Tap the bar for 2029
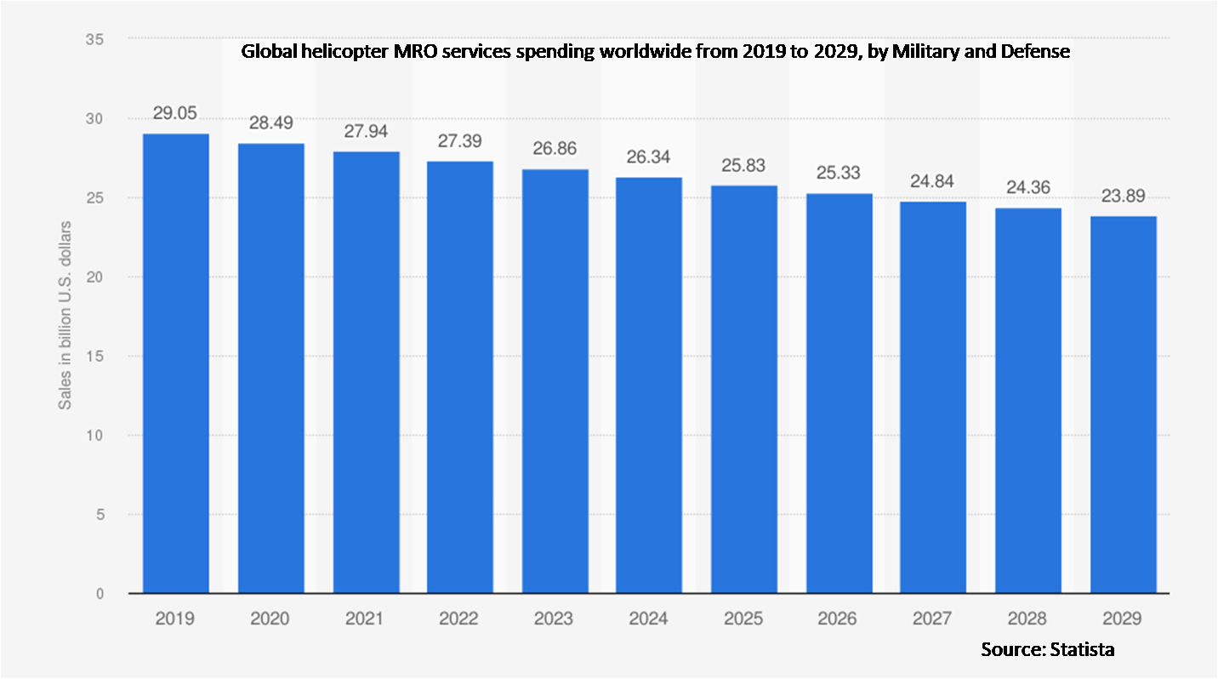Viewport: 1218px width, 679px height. coord(1124,404)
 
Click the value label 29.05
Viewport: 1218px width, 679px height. coord(175,112)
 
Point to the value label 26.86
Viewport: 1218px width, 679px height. coord(555,148)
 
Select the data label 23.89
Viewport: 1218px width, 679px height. coord(1124,196)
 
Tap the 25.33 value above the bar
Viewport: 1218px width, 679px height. coord(840,173)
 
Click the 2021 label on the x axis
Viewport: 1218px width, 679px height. coord(365,619)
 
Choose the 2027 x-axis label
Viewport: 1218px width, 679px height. coord(934,619)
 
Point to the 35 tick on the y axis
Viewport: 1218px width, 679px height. coord(94,39)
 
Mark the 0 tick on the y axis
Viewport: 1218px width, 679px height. coord(100,594)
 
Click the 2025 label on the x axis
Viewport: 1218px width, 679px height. coord(744,619)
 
